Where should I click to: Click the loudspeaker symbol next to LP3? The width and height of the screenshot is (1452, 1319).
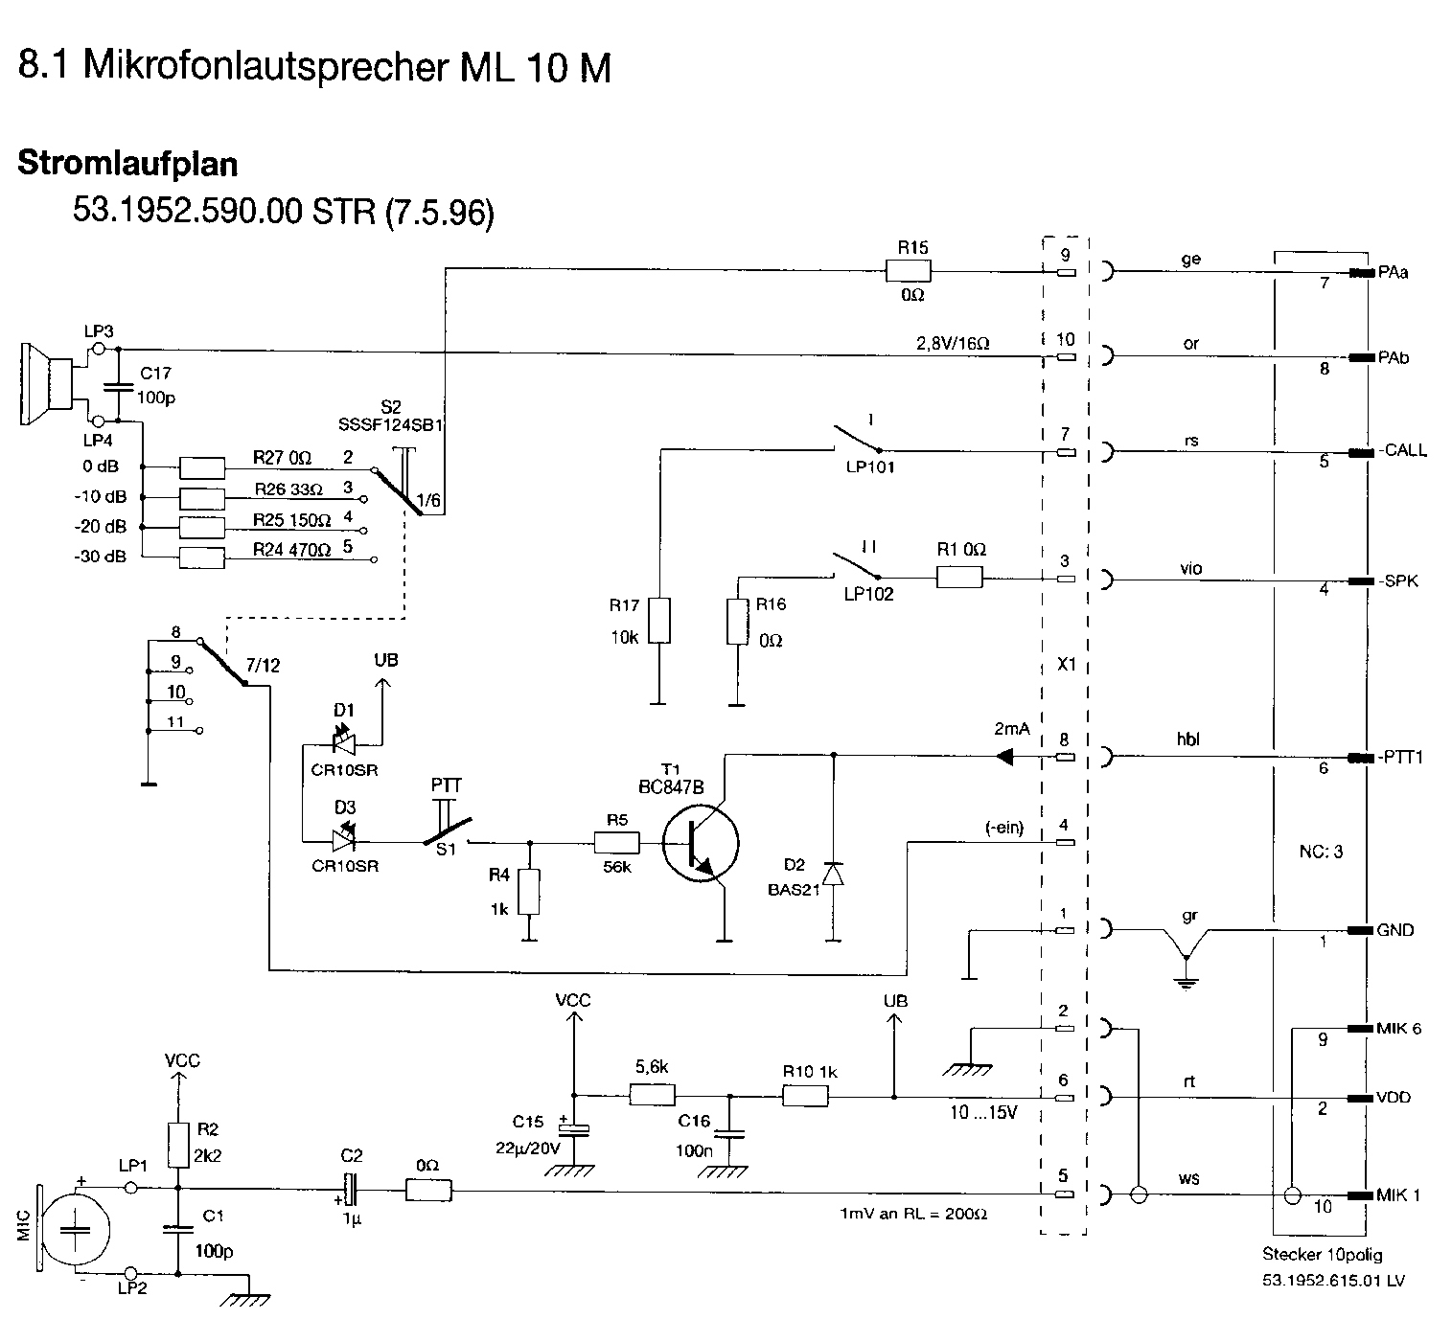(48, 383)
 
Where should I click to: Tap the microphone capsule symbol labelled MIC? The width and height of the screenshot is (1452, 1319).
(75, 1229)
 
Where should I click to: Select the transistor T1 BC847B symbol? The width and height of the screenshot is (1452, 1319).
(700, 843)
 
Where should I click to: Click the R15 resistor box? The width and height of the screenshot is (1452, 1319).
(909, 271)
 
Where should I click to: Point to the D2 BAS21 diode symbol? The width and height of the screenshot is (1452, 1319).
(834, 874)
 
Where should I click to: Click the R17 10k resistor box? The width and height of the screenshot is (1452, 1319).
(658, 620)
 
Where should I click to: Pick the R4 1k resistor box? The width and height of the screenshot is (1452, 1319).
(529, 892)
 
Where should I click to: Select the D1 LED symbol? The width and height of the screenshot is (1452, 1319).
(344, 743)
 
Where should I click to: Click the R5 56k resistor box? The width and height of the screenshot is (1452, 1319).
(616, 842)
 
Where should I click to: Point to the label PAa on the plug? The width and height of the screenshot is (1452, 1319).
(1393, 273)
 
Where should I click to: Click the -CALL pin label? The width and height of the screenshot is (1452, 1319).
(1403, 450)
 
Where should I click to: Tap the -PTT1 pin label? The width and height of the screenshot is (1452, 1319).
(1400, 758)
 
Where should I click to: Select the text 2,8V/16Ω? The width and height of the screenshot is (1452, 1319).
(953, 343)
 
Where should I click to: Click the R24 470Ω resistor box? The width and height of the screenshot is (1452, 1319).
(202, 557)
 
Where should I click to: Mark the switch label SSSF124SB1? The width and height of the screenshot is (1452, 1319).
(390, 424)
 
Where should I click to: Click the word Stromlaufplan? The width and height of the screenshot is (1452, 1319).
(127, 163)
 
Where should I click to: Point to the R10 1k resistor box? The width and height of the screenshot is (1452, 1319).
(805, 1096)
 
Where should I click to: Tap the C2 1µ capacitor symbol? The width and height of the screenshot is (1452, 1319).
(351, 1189)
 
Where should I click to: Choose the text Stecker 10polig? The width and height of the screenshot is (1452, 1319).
(1322, 1254)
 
